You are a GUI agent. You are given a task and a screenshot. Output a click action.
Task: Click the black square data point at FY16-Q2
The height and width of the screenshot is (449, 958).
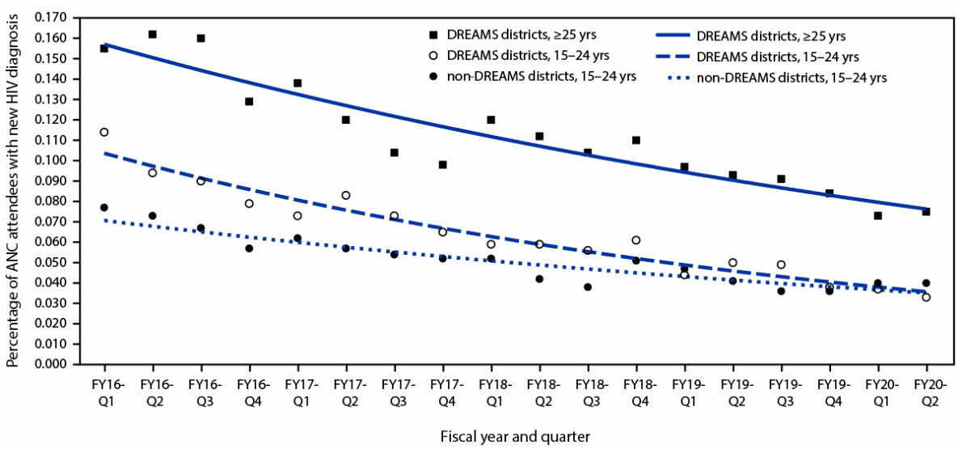tap(152, 34)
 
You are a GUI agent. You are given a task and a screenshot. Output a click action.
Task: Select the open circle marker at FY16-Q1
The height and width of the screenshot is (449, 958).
tap(103, 132)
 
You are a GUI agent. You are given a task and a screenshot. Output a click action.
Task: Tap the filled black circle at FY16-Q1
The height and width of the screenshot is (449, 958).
tap(103, 208)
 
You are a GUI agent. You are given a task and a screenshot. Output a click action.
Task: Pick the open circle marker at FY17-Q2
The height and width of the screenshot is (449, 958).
tap(345, 195)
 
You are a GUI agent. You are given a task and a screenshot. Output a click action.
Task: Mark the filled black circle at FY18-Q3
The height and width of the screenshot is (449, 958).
tap(588, 287)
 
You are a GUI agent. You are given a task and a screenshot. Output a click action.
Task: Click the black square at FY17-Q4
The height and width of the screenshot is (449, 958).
tap(442, 165)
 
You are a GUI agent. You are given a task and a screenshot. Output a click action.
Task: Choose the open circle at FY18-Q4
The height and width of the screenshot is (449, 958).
tap(636, 240)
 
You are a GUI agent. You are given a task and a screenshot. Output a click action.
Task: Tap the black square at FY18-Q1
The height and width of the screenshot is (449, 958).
tap(491, 120)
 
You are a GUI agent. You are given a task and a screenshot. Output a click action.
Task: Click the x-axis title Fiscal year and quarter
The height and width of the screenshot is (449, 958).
tap(515, 436)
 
